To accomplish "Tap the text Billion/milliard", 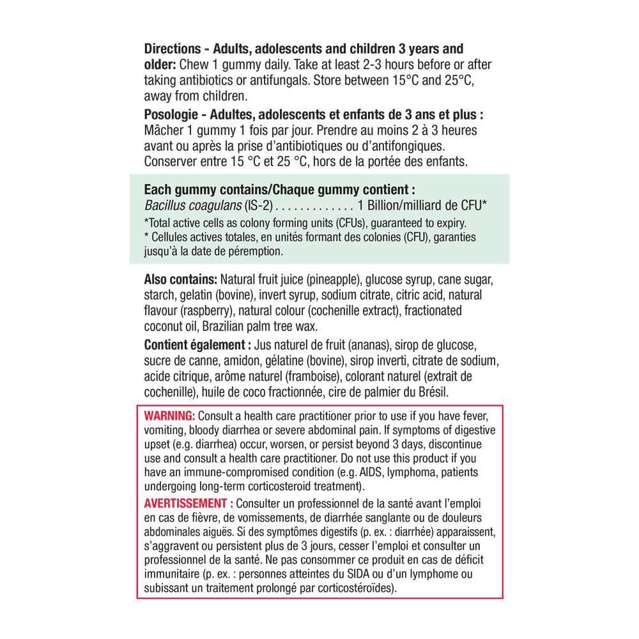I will coord(405,205).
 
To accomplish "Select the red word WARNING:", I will coord(169,415).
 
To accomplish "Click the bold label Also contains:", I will coord(181,280).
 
